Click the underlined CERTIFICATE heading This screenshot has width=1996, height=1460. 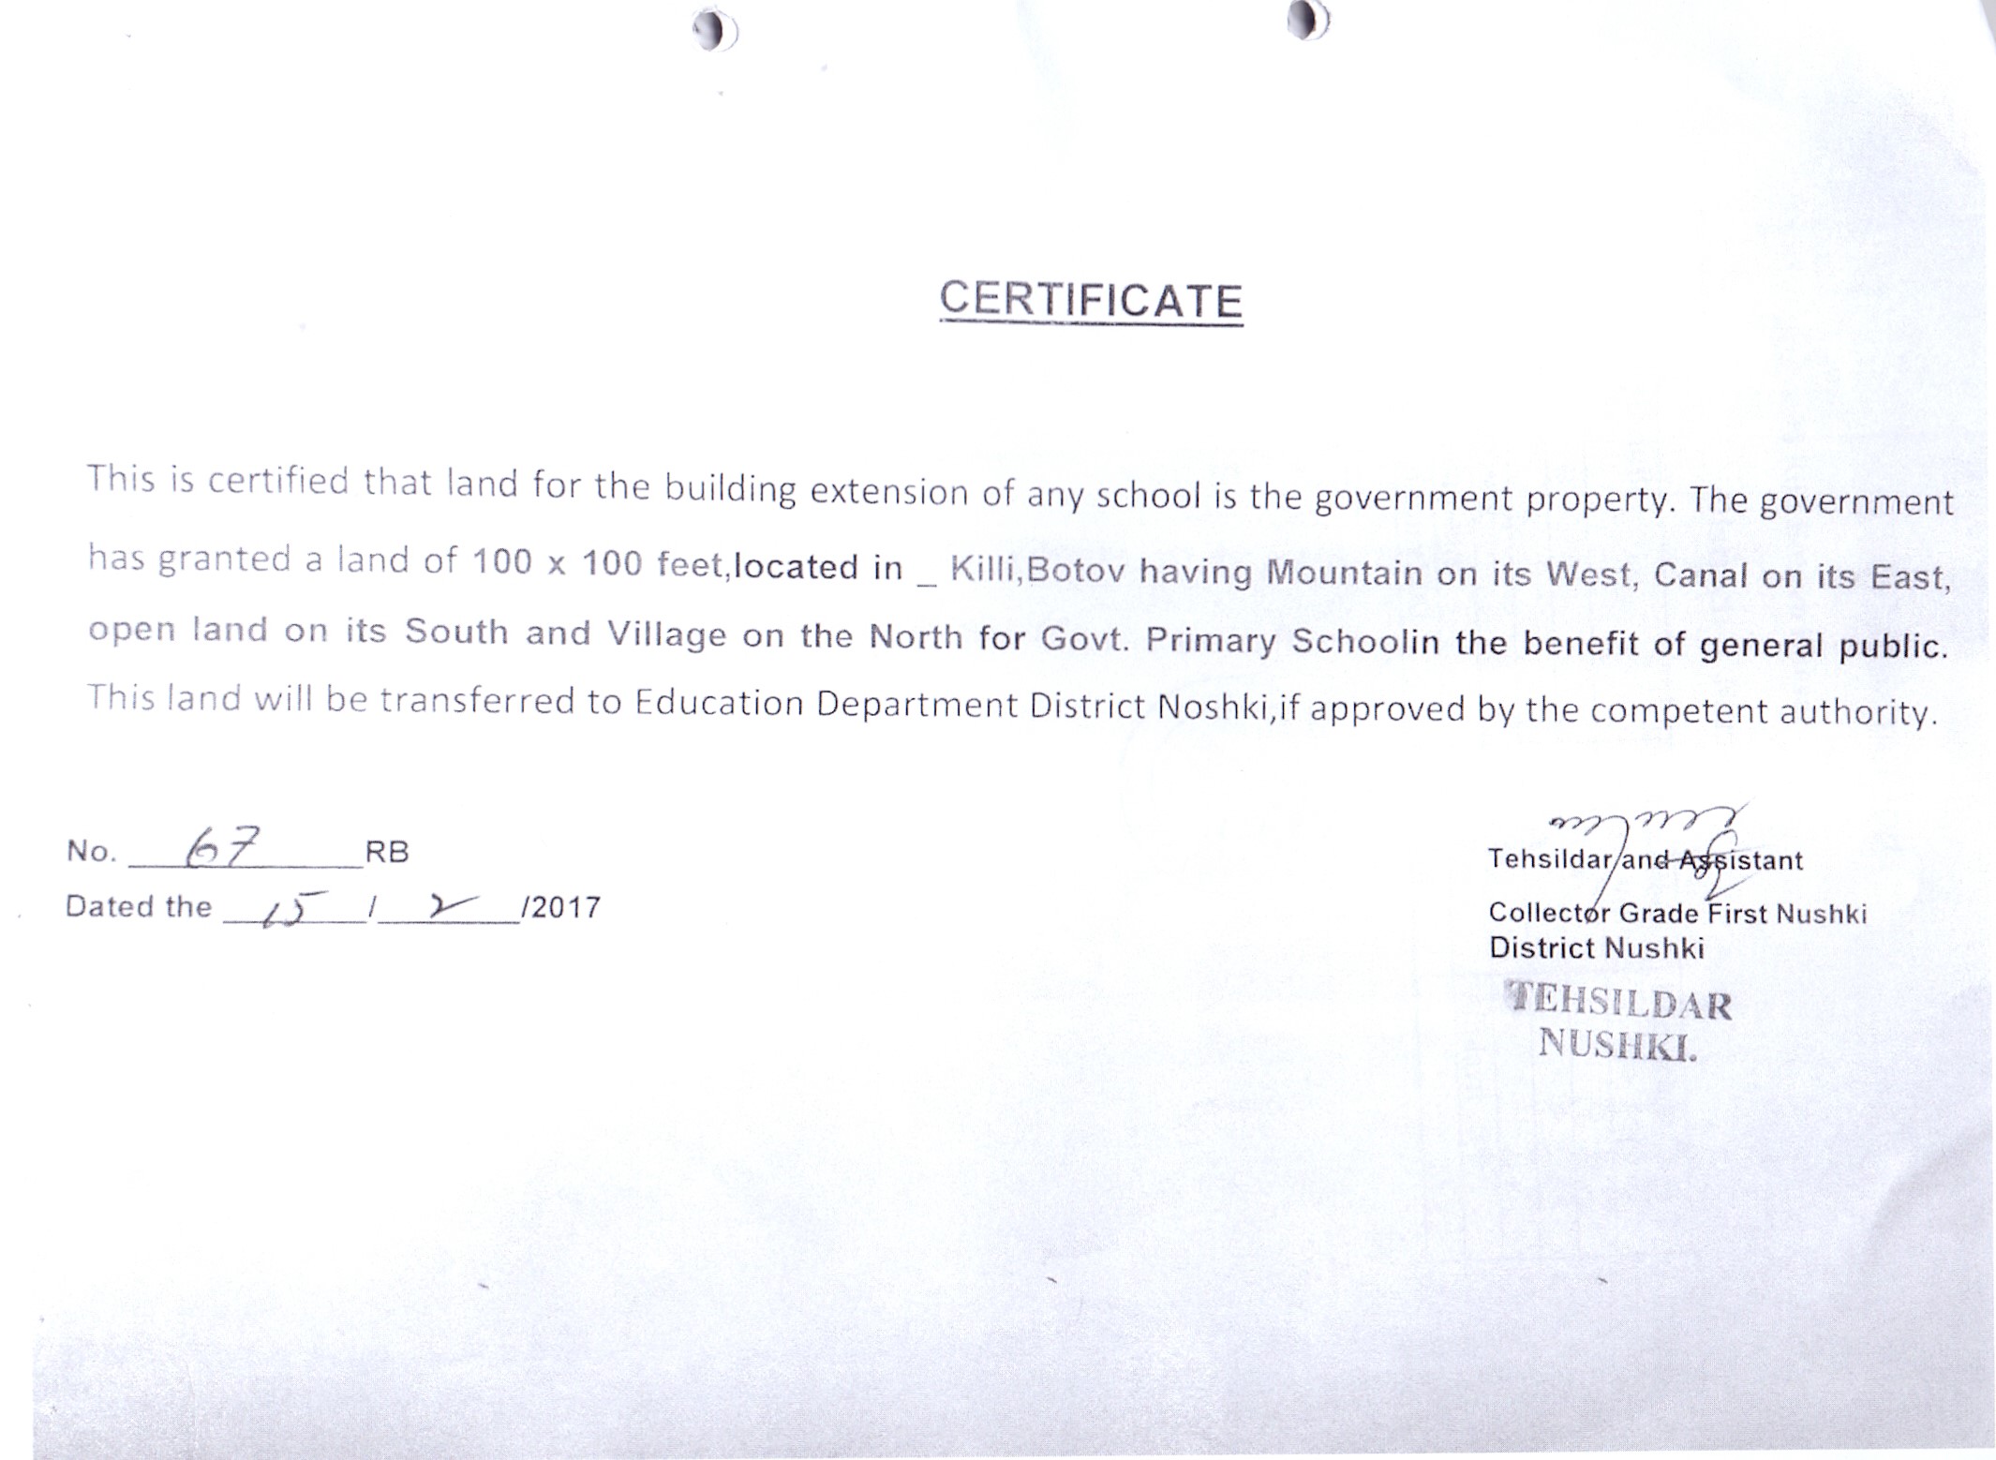[x=1091, y=301]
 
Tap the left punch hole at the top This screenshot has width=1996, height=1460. [x=715, y=31]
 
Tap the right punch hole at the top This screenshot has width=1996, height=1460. [x=1308, y=20]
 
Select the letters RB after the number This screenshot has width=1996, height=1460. [x=387, y=852]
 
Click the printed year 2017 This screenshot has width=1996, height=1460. [x=565, y=907]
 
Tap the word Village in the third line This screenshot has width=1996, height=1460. [x=666, y=635]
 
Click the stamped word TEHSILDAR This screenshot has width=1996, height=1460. [x=1619, y=1003]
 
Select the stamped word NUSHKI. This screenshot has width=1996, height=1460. [x=1617, y=1044]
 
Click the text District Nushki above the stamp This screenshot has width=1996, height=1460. [x=1596, y=948]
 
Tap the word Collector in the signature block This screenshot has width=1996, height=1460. [x=1550, y=912]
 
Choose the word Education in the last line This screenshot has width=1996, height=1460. [x=719, y=703]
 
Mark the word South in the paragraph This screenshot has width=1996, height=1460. [x=455, y=632]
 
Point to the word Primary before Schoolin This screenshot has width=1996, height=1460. [x=1210, y=640]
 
